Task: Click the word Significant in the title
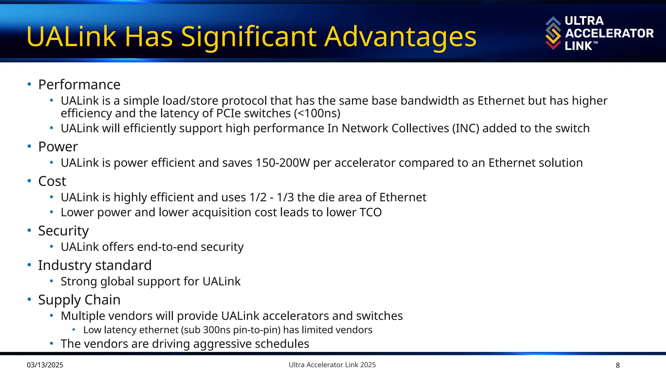(249, 37)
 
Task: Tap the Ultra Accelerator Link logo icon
(553, 33)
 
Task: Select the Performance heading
(79, 85)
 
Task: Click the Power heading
(58, 147)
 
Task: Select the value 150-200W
(283, 163)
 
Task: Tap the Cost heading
(52, 181)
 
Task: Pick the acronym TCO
(370, 212)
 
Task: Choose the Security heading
(63, 231)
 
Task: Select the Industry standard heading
(95, 265)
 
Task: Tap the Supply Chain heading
(79, 300)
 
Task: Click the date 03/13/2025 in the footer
(45, 365)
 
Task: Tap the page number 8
(618, 365)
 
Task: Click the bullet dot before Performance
(29, 84)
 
